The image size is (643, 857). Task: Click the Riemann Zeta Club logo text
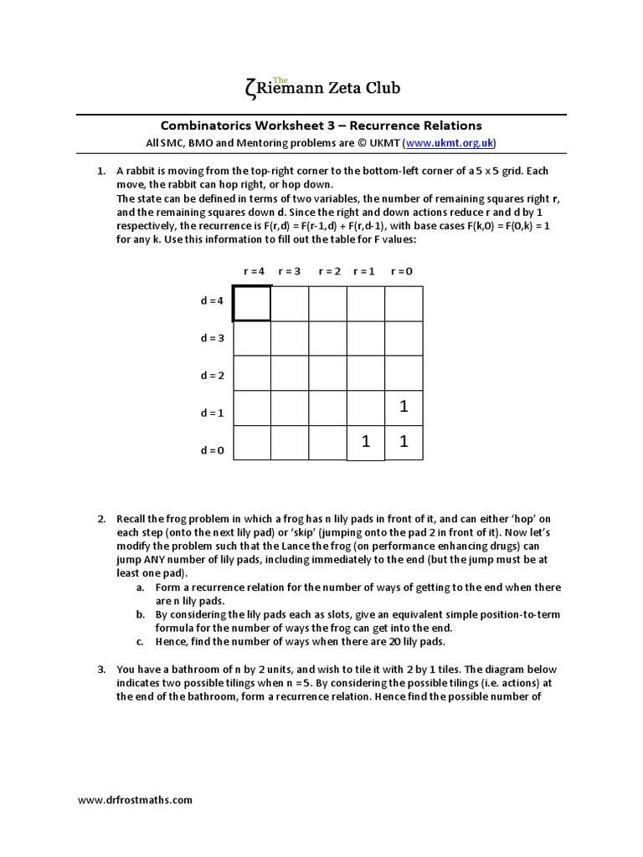pyautogui.click(x=321, y=87)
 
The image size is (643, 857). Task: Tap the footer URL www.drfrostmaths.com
pyautogui.click(x=136, y=799)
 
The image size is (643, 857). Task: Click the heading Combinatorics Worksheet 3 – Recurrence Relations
pyautogui.click(x=321, y=126)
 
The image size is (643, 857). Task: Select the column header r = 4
pyautogui.click(x=254, y=271)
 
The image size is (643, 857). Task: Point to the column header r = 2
pyautogui.click(x=328, y=271)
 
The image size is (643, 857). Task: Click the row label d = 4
pyautogui.click(x=212, y=301)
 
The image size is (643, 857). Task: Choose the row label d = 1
pyautogui.click(x=212, y=413)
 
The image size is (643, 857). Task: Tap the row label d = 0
pyautogui.click(x=212, y=450)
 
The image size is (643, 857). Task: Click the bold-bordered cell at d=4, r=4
pyautogui.click(x=252, y=303)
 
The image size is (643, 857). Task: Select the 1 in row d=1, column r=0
pyautogui.click(x=404, y=407)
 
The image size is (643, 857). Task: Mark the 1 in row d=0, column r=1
pyautogui.click(x=366, y=442)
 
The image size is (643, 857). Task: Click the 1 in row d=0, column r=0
pyautogui.click(x=404, y=442)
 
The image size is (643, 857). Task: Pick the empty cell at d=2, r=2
pyautogui.click(x=328, y=372)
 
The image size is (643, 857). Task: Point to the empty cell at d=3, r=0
pyautogui.click(x=404, y=338)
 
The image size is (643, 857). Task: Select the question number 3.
pyautogui.click(x=101, y=670)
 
